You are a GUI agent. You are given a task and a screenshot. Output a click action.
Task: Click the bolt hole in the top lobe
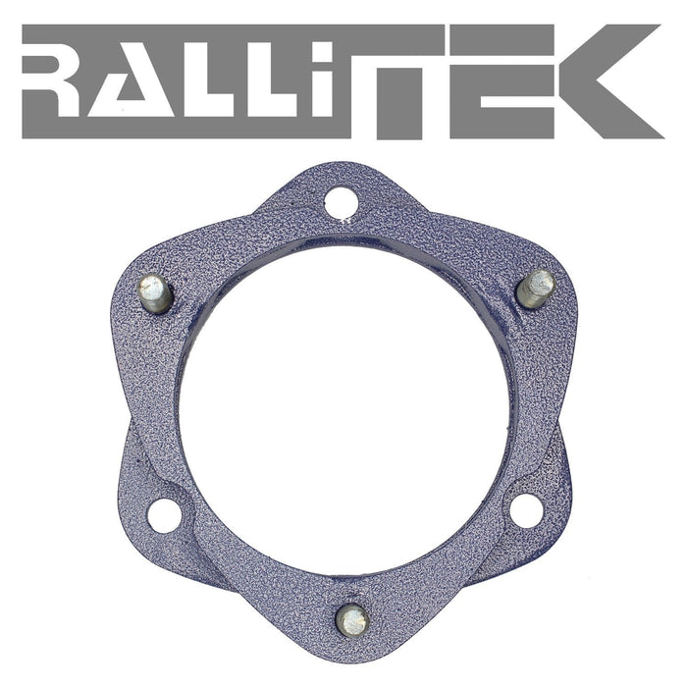click(343, 202)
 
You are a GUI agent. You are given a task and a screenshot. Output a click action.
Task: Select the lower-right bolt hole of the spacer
click(526, 508)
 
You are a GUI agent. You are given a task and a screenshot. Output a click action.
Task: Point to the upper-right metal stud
click(537, 287)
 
